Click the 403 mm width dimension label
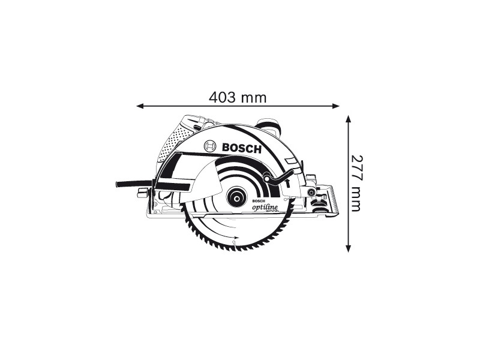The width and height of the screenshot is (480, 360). click(x=238, y=98)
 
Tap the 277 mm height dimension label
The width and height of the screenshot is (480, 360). click(x=356, y=184)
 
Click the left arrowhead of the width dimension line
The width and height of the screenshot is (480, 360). click(x=140, y=106)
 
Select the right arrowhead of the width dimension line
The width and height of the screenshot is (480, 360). click(x=336, y=106)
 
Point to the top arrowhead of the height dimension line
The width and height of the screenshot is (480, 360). click(x=348, y=119)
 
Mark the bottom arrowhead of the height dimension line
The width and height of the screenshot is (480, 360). click(x=348, y=248)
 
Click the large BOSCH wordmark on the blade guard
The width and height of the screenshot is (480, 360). click(x=242, y=148)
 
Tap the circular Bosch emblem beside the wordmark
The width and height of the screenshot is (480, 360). click(x=210, y=146)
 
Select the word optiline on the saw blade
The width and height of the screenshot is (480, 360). click(x=265, y=207)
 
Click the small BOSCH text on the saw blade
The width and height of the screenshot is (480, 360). click(x=258, y=201)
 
